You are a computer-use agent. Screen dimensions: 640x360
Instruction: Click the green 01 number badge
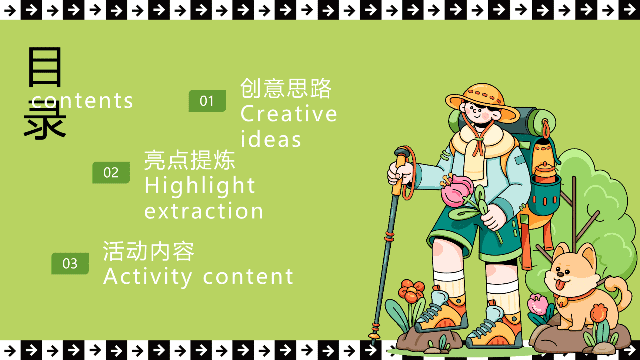click(x=207, y=101)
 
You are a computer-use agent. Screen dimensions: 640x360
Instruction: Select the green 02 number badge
click(x=111, y=172)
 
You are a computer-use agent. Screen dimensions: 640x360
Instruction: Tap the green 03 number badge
click(x=70, y=263)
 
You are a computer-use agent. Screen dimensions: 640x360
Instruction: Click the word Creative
click(x=289, y=114)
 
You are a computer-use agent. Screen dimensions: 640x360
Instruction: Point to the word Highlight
click(x=200, y=186)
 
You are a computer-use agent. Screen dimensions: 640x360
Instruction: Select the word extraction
click(x=204, y=211)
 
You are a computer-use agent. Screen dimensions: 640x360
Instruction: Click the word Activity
click(x=148, y=277)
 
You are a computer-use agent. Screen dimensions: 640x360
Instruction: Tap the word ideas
click(x=271, y=139)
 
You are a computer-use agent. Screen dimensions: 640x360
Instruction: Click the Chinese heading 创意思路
click(x=286, y=88)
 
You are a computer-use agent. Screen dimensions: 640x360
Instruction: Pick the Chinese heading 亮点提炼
click(x=190, y=160)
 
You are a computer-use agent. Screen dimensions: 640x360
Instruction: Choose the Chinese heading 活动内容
click(x=148, y=251)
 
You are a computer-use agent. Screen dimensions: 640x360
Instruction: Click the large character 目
click(x=45, y=67)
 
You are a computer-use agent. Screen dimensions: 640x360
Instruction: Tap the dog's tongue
click(x=560, y=285)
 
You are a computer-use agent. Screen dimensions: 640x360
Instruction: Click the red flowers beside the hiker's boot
click(x=411, y=291)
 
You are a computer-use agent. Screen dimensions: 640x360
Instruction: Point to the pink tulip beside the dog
click(x=537, y=304)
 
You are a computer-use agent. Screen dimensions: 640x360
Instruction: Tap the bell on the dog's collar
click(x=562, y=302)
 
